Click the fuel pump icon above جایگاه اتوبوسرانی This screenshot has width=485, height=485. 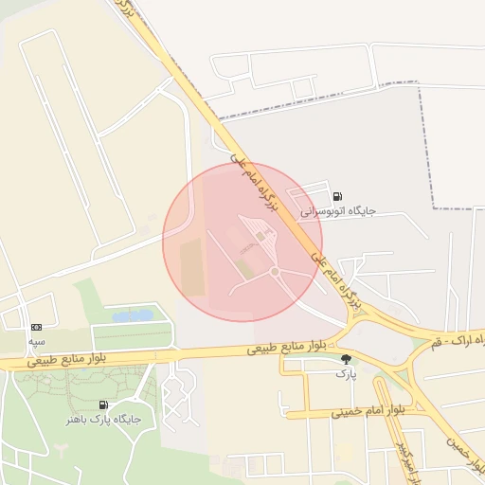(338, 197)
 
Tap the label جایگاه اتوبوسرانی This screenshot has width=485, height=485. (338, 211)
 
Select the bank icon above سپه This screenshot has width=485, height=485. (36, 327)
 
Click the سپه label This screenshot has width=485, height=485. (36, 340)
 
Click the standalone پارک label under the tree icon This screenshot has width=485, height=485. (345, 373)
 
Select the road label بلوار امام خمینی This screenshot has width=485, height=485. (368, 411)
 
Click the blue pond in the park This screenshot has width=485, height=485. (133, 315)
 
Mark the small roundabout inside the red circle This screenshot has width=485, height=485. (275, 273)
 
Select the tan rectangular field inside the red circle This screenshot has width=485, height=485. (193, 266)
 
